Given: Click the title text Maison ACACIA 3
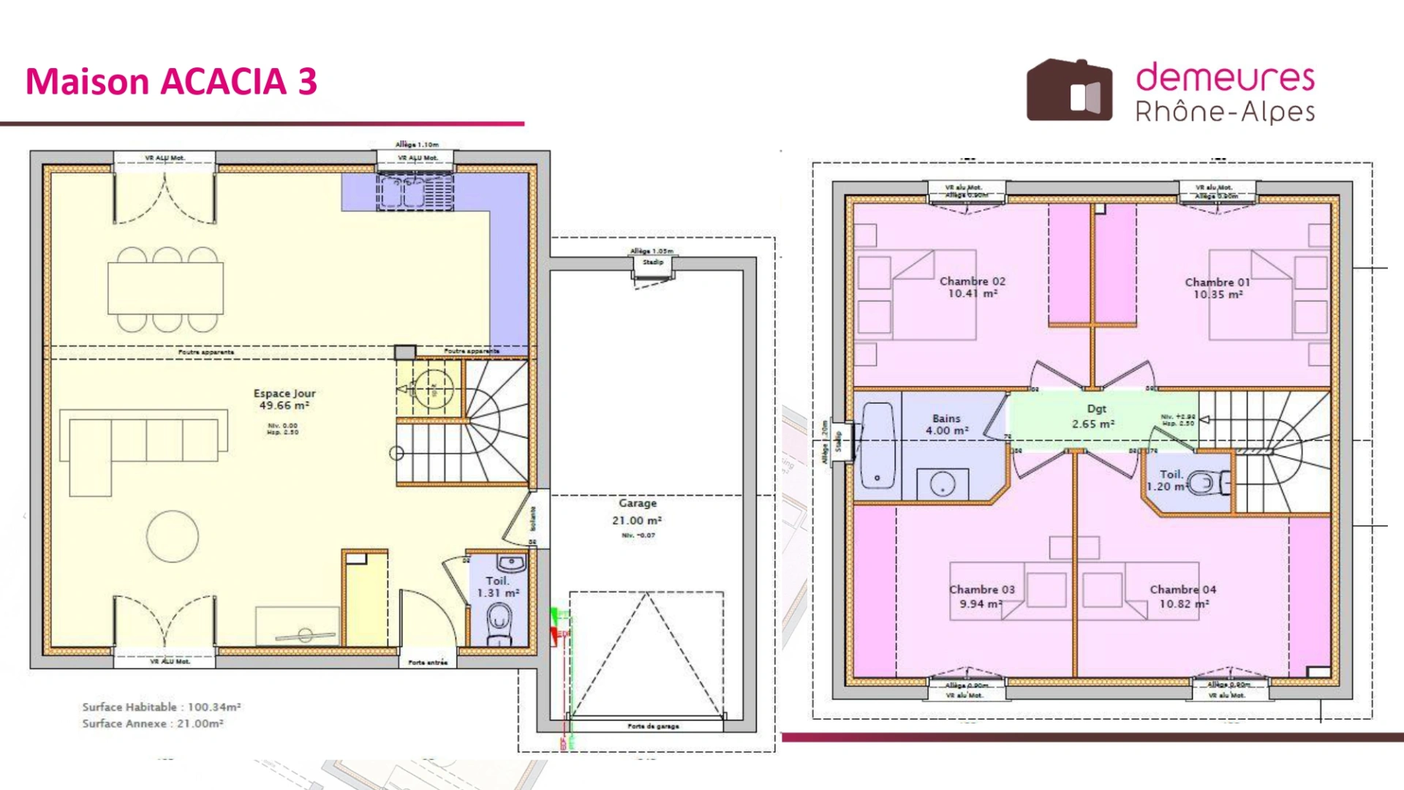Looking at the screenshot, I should click(171, 81).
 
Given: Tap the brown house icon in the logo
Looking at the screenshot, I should click(1069, 91).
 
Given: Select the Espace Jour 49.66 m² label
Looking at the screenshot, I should click(284, 399).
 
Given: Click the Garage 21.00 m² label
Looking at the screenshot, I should click(637, 512).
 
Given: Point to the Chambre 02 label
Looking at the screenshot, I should click(972, 287).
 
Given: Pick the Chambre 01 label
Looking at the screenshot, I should click(1217, 287).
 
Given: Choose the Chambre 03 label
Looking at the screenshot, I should click(981, 596).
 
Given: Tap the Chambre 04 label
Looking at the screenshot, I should click(1182, 596).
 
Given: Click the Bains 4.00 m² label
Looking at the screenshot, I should click(946, 424).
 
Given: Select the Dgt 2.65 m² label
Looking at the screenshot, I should click(1095, 416).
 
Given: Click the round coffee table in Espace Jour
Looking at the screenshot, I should click(173, 536).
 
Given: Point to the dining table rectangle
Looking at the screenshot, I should click(165, 287).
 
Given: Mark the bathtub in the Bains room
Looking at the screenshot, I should click(877, 445).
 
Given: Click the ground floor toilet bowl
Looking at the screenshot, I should click(500, 623).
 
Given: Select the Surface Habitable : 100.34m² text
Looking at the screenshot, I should click(162, 707).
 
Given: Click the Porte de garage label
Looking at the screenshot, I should click(653, 726).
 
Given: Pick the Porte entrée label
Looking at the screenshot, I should click(428, 662).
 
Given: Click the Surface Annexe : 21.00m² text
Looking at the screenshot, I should click(152, 723).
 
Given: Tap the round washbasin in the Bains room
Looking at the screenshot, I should click(942, 484).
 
